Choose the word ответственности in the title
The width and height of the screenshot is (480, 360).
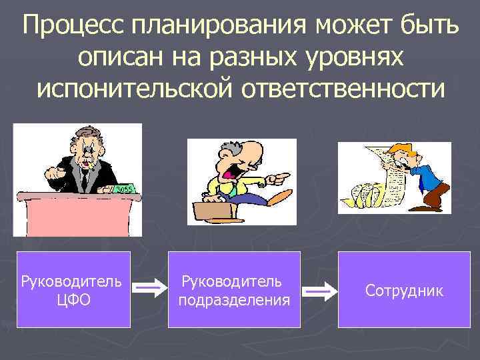point(340,87)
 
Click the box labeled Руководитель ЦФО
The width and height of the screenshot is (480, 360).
point(73,289)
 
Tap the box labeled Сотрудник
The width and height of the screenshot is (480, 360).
point(403,289)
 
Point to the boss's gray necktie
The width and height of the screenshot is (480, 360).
point(85,177)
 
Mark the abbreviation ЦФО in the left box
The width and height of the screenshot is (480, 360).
point(73,300)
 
